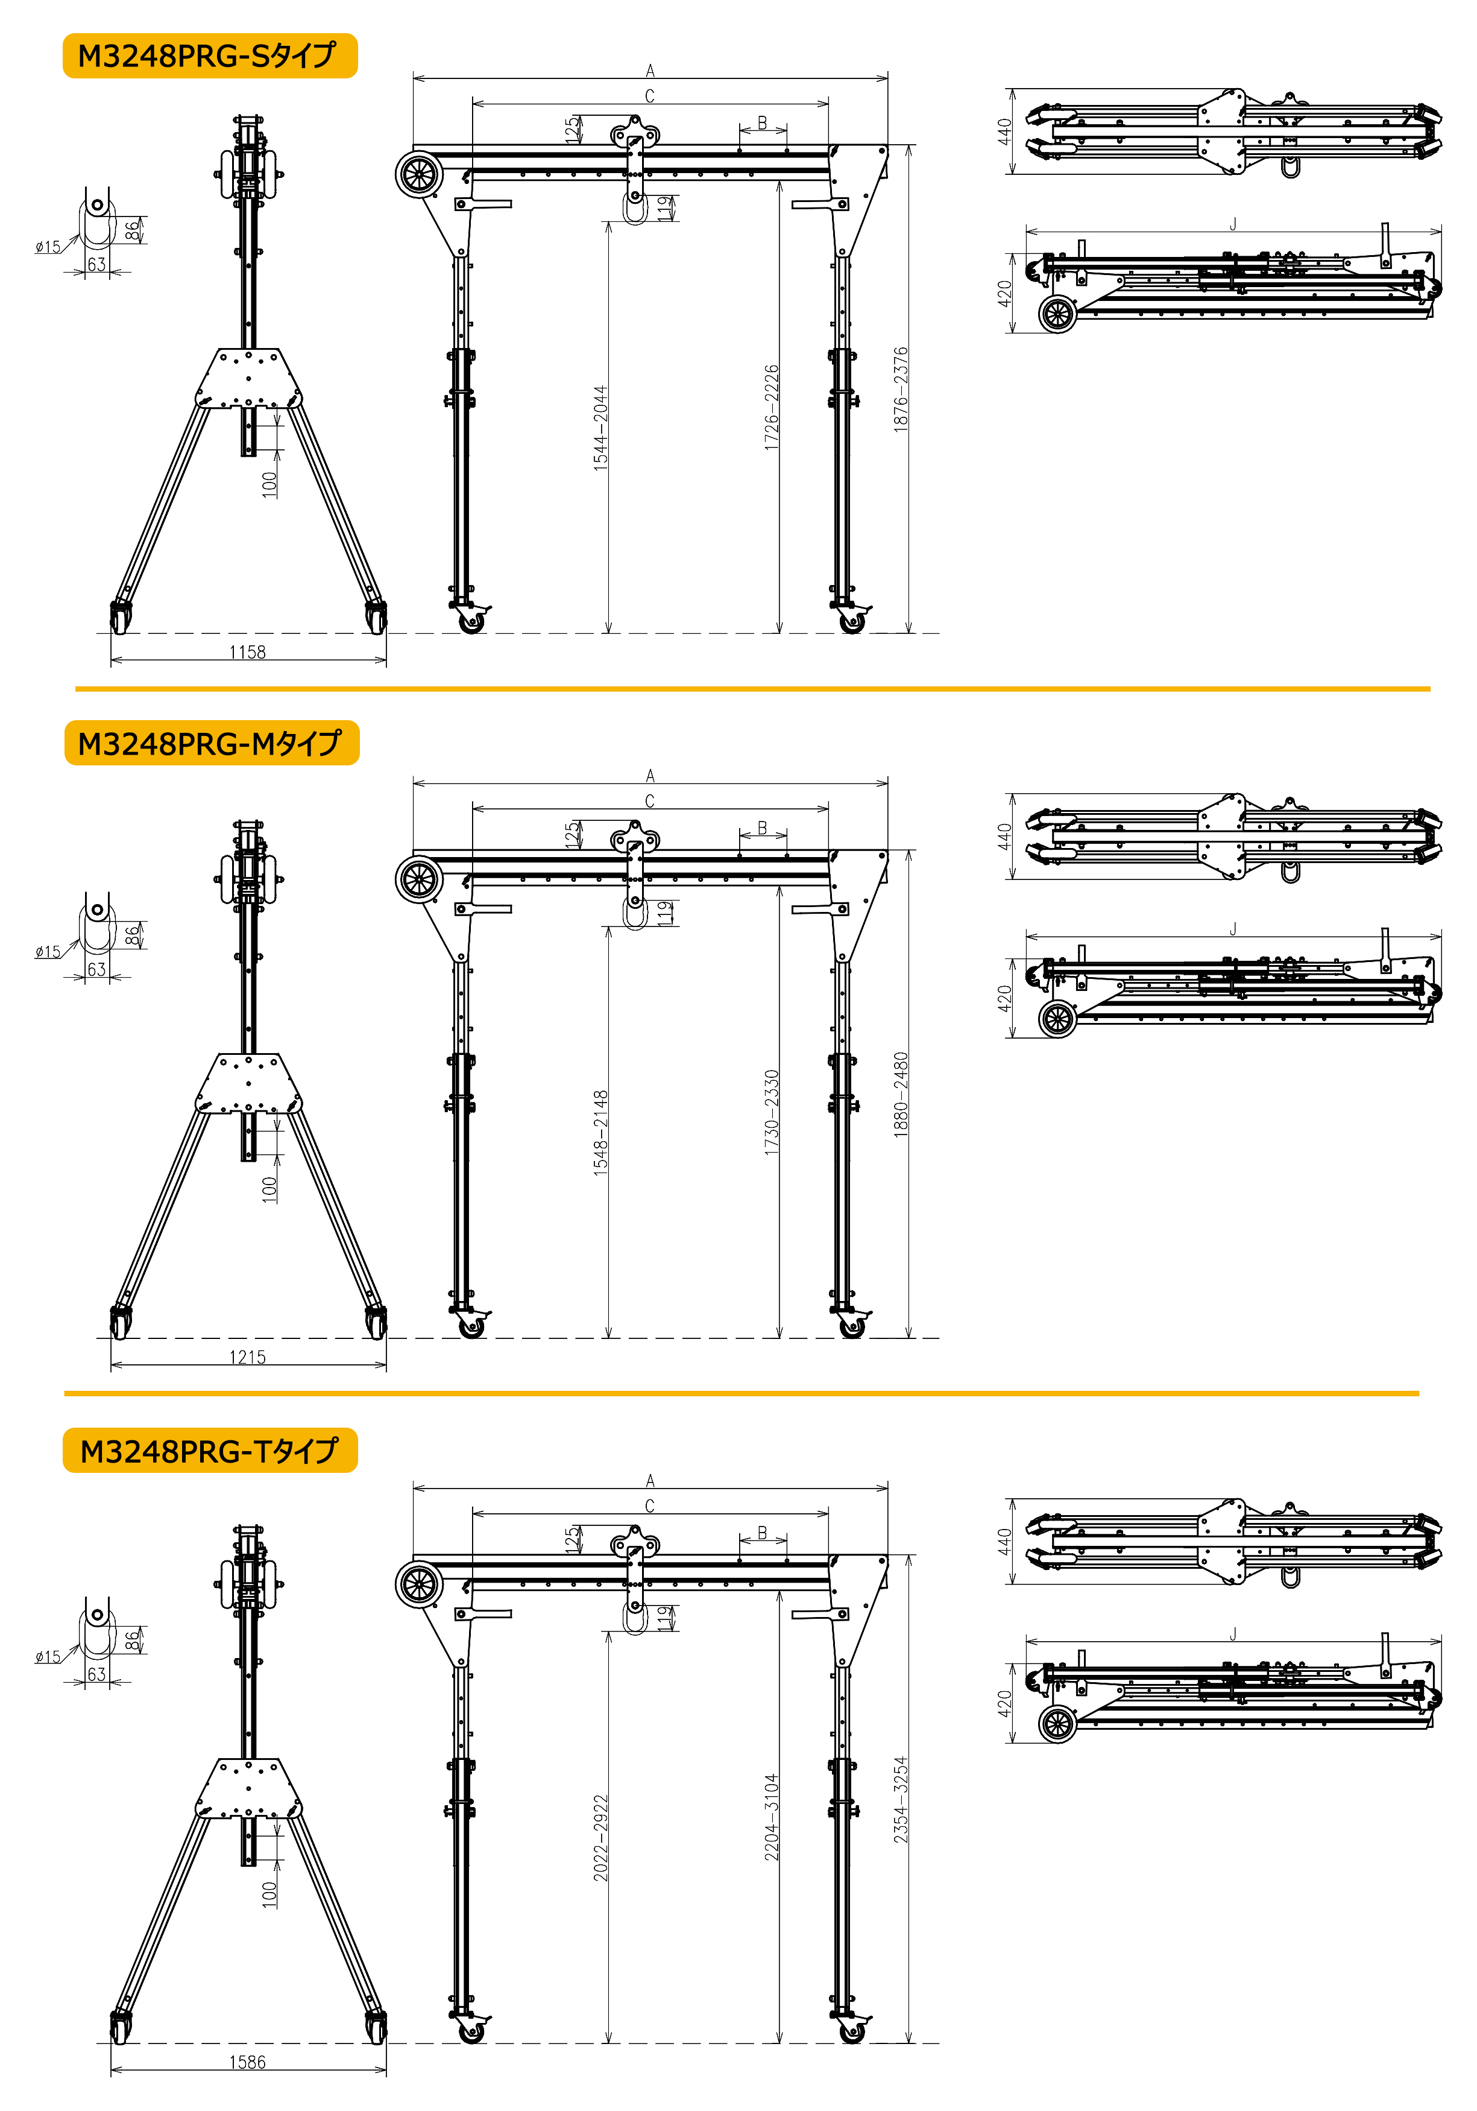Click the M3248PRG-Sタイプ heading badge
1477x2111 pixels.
(x=210, y=56)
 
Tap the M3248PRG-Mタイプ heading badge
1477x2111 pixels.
(x=212, y=743)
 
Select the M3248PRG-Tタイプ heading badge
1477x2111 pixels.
(x=210, y=1450)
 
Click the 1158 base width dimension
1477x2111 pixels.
(x=247, y=653)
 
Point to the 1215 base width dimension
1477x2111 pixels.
(x=247, y=1357)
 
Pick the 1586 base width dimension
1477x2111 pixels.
(x=247, y=2062)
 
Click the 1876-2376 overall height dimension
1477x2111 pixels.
(x=901, y=390)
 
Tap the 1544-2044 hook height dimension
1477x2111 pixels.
(x=600, y=428)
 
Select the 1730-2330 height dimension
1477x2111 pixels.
(x=772, y=1113)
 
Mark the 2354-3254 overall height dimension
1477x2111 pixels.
(x=901, y=1799)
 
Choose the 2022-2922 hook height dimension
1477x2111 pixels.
(x=600, y=1838)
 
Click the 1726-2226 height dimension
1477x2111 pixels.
(x=772, y=407)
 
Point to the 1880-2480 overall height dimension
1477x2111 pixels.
(x=901, y=1095)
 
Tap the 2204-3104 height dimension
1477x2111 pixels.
(x=772, y=1818)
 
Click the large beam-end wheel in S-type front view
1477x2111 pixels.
(x=419, y=175)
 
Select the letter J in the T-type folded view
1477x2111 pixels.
(x=1233, y=1634)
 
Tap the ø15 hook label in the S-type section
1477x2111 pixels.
(x=48, y=247)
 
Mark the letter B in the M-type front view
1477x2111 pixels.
(x=762, y=828)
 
